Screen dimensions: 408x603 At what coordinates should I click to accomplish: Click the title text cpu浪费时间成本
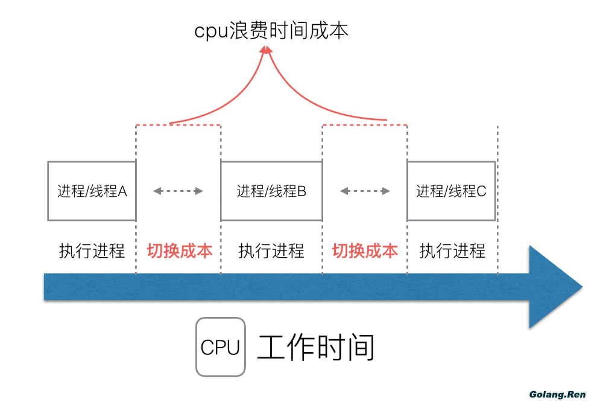point(271,31)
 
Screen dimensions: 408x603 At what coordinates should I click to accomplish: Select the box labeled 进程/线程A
point(92,191)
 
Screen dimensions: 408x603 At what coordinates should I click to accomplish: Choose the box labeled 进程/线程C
point(451,191)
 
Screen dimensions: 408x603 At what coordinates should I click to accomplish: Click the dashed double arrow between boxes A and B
point(178,191)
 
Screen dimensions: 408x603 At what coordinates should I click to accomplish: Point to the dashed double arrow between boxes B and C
point(365,191)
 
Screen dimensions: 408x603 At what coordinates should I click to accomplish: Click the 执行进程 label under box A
point(92,250)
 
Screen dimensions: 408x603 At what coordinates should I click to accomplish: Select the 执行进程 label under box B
point(271,250)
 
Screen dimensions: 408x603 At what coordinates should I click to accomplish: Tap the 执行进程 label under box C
point(452,250)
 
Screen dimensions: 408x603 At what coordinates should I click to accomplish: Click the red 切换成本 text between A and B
point(180,250)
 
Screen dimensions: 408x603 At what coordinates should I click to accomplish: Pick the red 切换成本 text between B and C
point(365,250)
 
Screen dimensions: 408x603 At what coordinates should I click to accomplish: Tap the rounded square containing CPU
point(220,347)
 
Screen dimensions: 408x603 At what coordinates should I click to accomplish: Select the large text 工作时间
point(317,347)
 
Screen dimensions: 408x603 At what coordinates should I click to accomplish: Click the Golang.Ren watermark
point(557,395)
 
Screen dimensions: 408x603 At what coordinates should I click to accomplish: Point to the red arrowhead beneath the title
point(265,51)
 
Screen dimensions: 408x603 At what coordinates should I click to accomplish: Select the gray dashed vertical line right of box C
point(497,199)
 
